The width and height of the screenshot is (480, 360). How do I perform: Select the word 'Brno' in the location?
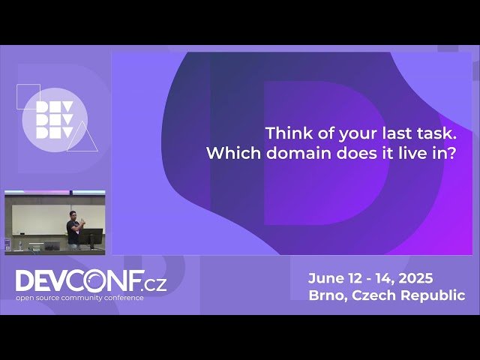pos(326,295)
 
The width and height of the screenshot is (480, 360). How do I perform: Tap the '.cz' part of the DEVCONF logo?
pos(155,283)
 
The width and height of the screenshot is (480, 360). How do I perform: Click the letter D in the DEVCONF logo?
pos(24,282)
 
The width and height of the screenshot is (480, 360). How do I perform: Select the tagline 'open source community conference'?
pos(79,298)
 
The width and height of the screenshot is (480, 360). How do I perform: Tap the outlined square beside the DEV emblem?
pos(28,95)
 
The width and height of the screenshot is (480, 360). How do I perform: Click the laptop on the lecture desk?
pos(52,244)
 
